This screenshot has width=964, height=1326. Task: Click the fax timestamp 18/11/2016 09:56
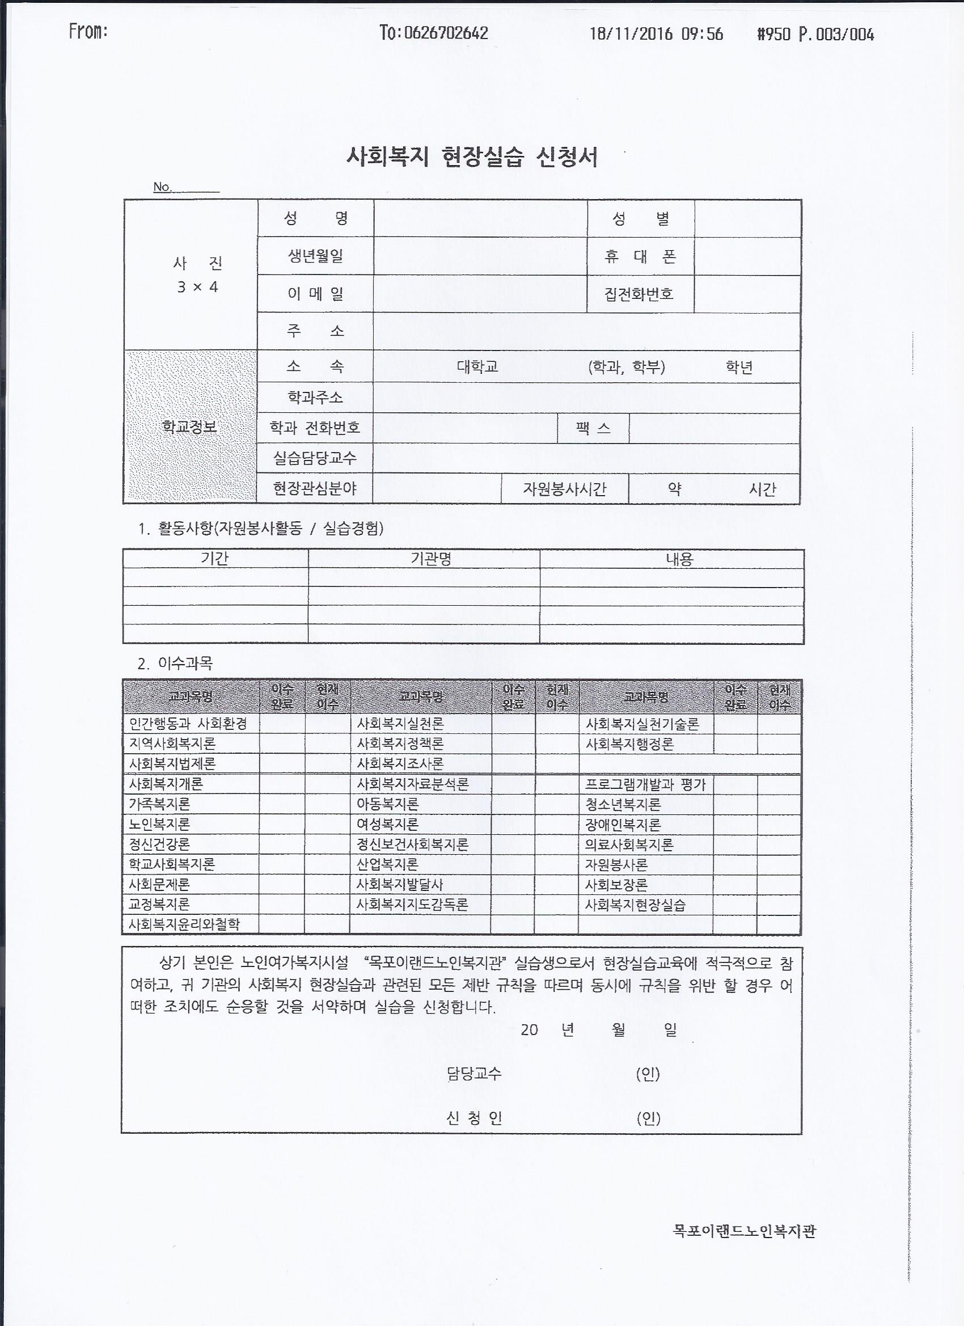point(656,34)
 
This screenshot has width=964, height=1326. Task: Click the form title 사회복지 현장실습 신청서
point(472,157)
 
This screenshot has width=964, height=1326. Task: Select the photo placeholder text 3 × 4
point(197,287)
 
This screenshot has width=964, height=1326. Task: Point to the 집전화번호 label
point(639,293)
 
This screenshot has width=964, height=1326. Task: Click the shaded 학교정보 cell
point(189,427)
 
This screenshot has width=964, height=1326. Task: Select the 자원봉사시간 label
point(564,489)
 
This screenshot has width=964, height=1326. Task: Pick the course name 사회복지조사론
point(400,763)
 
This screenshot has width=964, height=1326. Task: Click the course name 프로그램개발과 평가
point(645,784)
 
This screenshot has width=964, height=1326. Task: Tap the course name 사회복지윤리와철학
point(184,924)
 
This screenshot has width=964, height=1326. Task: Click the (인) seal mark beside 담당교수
point(648,1074)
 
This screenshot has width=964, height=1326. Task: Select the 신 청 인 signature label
point(474,1118)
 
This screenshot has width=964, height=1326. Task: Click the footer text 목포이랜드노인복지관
point(743,1231)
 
